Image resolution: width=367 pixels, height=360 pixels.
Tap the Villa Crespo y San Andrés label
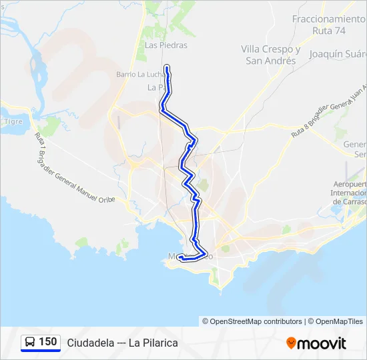pos(271,55)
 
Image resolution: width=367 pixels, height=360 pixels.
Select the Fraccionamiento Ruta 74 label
pos(328,25)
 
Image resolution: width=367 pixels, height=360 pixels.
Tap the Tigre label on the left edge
pos(13,121)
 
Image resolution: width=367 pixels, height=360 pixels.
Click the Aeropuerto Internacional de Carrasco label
pos(351,193)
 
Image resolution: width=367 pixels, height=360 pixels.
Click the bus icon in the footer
pos(30,343)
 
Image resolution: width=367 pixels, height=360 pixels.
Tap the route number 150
pos(47,342)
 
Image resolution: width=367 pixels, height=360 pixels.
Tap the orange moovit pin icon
pos(291,343)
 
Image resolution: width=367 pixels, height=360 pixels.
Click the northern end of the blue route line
pos(165,66)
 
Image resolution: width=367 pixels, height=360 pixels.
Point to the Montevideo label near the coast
pos(191,256)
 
